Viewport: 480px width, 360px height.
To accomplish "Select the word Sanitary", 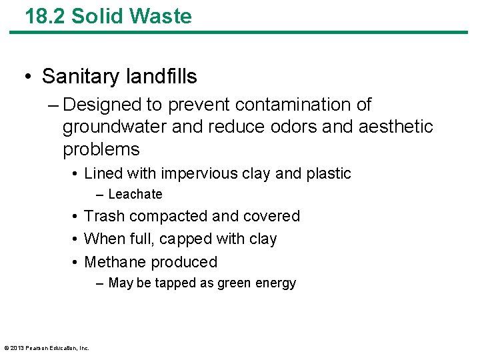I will click(x=79, y=77).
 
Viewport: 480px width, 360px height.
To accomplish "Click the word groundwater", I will click(x=115, y=127).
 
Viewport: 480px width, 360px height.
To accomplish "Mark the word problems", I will click(x=101, y=149).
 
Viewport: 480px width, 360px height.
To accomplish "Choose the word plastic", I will click(x=328, y=174).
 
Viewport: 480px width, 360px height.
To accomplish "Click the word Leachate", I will click(x=135, y=195).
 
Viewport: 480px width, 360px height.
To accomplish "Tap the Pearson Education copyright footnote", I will click(x=47, y=347).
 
